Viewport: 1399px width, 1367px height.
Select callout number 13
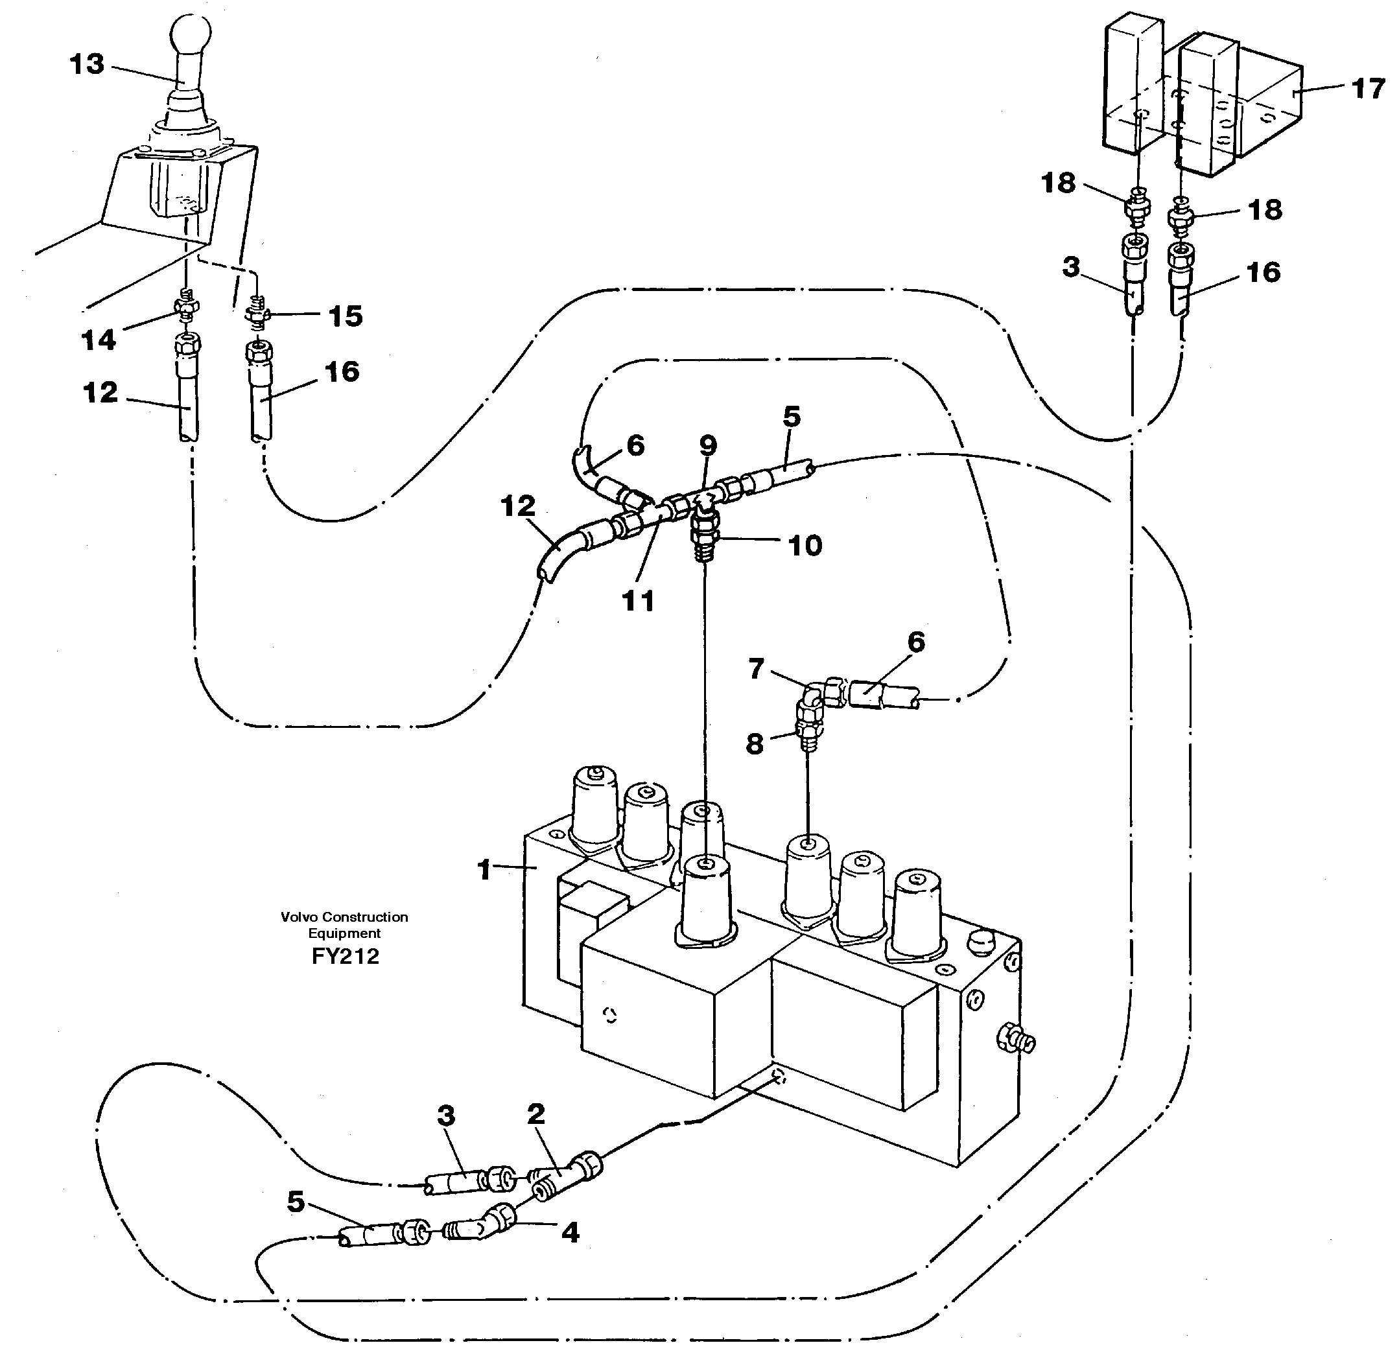point(88,65)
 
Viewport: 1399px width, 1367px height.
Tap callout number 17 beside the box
point(1367,89)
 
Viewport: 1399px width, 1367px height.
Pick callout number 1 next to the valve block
point(484,869)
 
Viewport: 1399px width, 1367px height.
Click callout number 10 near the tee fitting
point(805,546)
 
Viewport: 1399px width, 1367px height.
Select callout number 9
point(708,445)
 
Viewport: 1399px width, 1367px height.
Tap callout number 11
point(639,600)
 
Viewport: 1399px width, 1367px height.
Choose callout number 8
point(754,744)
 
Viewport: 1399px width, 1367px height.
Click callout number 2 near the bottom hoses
point(535,1114)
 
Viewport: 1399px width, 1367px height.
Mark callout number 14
point(99,340)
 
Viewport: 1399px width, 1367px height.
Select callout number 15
point(346,316)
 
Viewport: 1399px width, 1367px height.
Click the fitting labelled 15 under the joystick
point(256,312)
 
